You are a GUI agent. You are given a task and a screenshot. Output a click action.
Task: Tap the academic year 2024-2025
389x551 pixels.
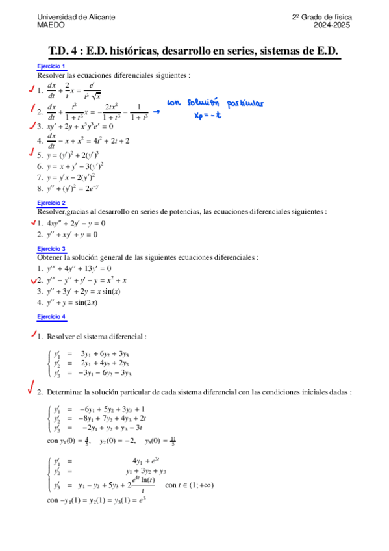[x=333, y=25]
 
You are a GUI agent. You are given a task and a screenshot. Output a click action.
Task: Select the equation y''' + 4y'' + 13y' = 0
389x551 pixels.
[x=81, y=268]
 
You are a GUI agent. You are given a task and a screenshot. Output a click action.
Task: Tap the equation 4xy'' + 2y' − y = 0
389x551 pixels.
[x=79, y=224]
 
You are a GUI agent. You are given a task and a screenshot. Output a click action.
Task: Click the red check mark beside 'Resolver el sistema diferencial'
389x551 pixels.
[x=32, y=334]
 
